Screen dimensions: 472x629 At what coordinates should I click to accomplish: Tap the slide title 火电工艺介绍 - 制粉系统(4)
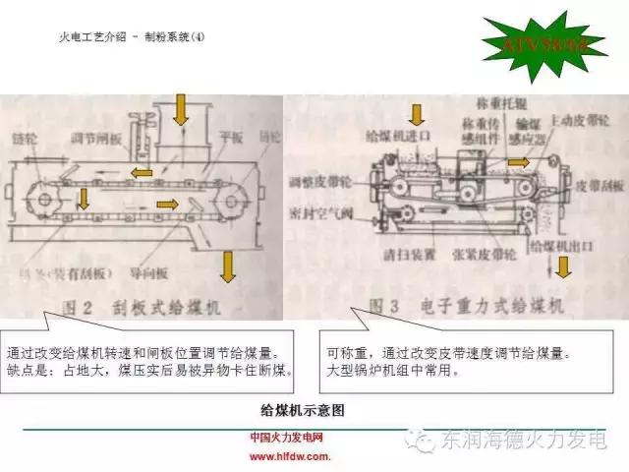point(133,37)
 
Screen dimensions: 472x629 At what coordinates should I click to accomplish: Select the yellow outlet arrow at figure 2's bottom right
point(228,265)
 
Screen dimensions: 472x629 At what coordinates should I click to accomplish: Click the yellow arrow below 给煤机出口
point(562,268)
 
